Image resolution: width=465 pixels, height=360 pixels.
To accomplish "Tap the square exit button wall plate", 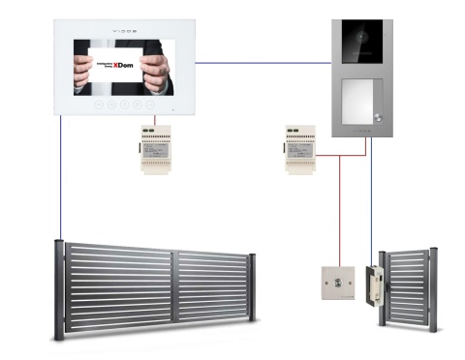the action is click(337, 282).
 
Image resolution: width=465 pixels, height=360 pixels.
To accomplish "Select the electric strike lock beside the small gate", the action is click(371, 286).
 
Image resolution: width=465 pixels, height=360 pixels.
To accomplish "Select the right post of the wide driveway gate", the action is click(252, 287).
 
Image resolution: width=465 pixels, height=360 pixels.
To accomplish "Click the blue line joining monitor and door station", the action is click(262, 63).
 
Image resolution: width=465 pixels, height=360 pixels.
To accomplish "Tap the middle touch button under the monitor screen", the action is click(124, 104).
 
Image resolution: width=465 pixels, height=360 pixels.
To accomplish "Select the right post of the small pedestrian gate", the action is click(433, 290).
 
